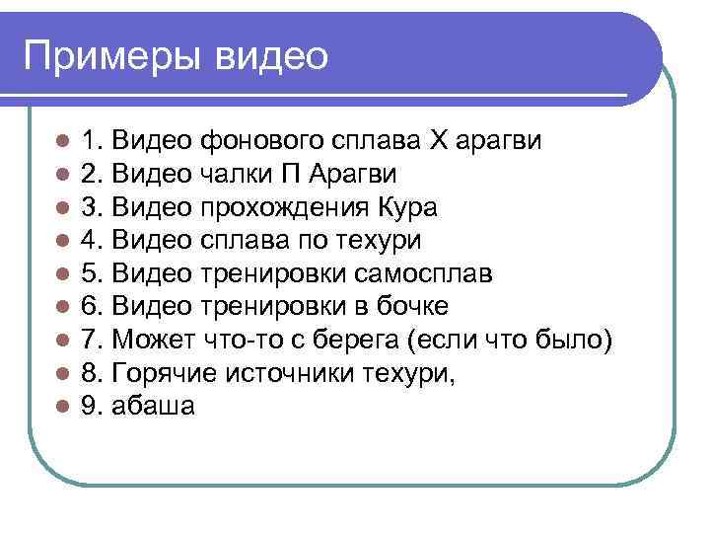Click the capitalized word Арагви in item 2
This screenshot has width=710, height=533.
(x=353, y=174)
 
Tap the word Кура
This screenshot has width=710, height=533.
(x=406, y=207)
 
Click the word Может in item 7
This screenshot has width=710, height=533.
(x=152, y=340)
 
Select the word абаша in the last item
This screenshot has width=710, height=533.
(x=154, y=406)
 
